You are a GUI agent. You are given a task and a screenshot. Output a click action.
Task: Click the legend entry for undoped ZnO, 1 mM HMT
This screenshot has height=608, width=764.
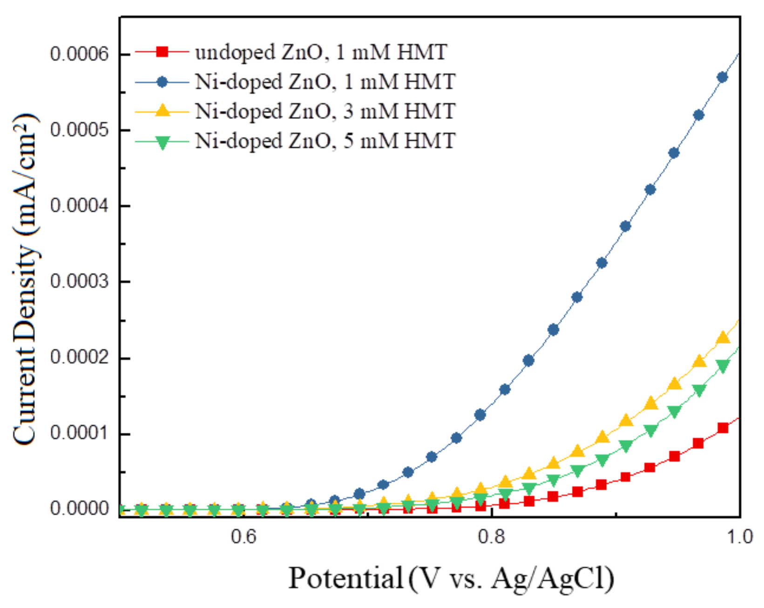(321, 52)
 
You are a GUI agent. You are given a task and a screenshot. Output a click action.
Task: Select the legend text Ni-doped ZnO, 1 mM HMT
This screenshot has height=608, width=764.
(325, 82)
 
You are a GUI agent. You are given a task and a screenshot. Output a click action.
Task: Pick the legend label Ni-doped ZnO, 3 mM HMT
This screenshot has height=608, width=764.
(325, 111)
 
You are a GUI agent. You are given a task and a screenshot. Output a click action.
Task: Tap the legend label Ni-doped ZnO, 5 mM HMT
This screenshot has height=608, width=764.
(325, 141)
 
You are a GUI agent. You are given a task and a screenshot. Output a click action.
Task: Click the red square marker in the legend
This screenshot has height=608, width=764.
(162, 51)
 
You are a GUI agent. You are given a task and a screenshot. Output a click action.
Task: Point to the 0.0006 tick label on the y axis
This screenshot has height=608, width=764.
(79, 55)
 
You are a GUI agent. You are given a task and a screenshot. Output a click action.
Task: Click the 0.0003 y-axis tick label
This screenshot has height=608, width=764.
(79, 282)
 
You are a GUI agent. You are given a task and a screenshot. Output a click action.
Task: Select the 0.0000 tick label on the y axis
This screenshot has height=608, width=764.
(79, 509)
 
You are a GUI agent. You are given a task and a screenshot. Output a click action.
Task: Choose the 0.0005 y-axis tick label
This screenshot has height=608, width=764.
(79, 130)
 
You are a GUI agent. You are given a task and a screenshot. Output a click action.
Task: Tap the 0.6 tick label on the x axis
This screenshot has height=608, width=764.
(243, 537)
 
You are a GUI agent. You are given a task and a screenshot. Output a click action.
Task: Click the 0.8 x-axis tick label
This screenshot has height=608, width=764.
(492, 537)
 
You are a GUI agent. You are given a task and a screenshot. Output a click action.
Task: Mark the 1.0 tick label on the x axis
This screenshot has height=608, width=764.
(739, 537)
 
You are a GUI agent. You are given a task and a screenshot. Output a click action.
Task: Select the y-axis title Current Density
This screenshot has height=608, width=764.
(26, 280)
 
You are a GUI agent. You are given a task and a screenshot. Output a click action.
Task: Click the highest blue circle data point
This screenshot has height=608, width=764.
(723, 77)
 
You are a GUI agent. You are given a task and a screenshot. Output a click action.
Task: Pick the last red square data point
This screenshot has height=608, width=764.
(723, 428)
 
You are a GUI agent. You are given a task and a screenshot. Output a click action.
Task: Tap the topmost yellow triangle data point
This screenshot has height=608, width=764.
(723, 337)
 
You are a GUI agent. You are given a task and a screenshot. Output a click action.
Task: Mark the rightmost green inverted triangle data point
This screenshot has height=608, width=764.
(723, 367)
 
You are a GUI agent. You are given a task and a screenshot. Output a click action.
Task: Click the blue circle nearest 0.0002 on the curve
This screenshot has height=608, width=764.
(528, 360)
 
